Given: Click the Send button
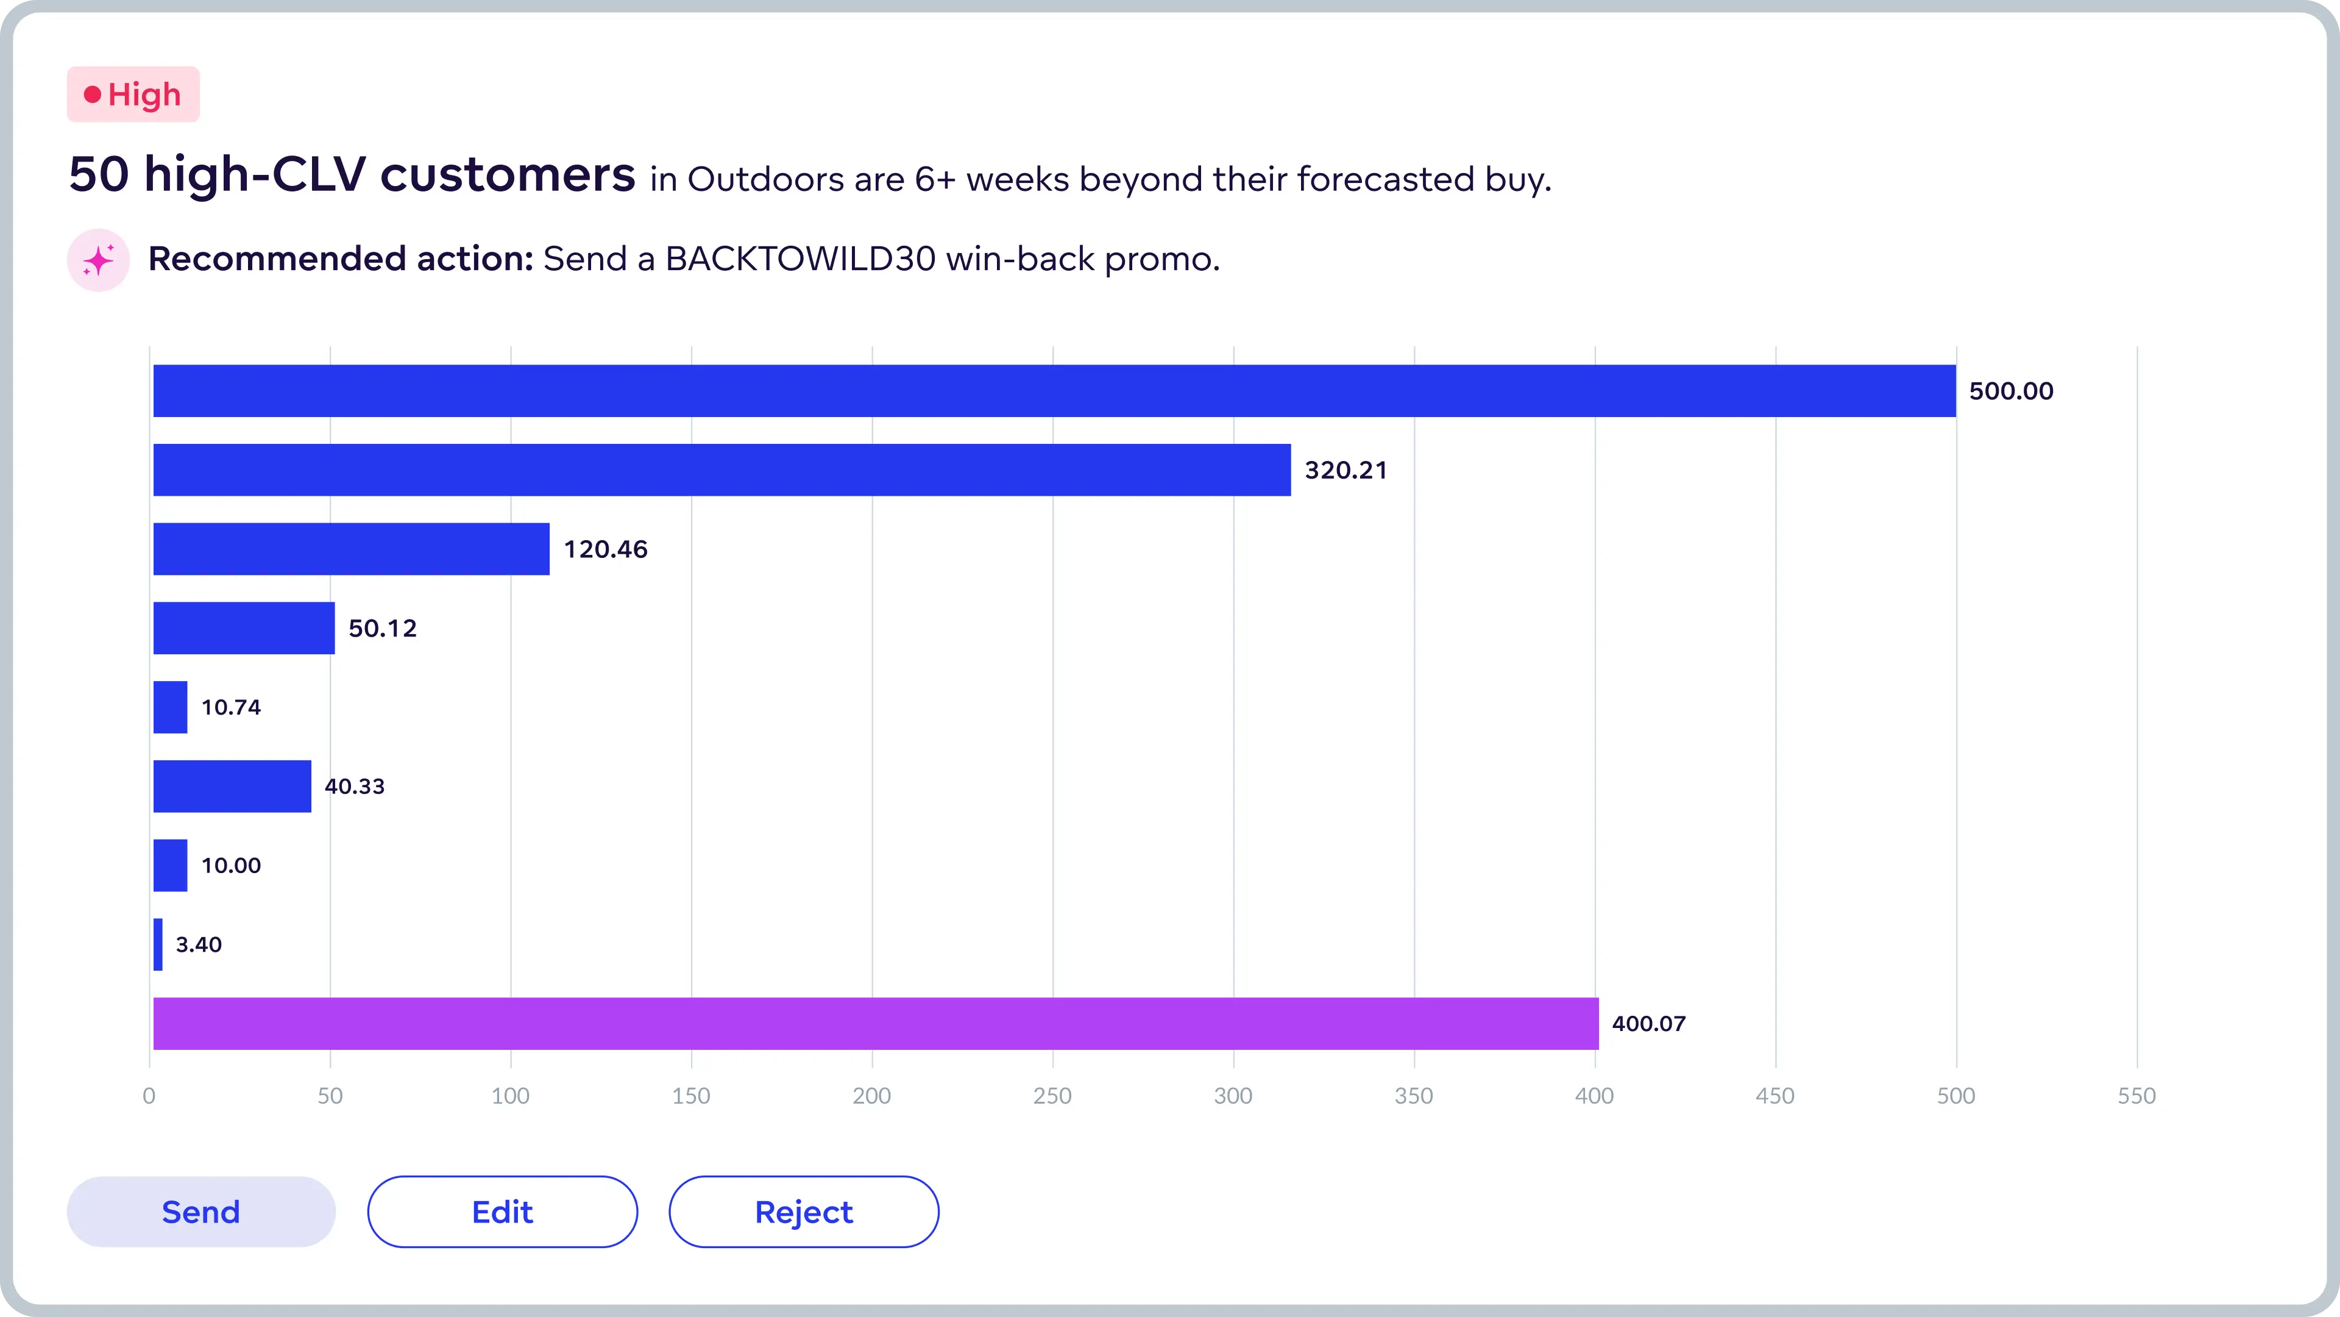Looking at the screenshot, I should pyautogui.click(x=200, y=1212).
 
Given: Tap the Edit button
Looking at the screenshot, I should pyautogui.click(x=502, y=1212).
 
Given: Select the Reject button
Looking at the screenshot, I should pyautogui.click(x=804, y=1212).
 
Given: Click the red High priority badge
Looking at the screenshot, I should pyautogui.click(x=133, y=95).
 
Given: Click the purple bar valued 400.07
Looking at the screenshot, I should pyautogui.click(x=876, y=1024).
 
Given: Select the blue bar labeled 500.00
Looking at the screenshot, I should pyautogui.click(x=1054, y=391).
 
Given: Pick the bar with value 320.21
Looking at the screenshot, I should pyautogui.click(x=722, y=470).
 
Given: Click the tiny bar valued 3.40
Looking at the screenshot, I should pyautogui.click(x=158, y=944).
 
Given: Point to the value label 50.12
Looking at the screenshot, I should pyautogui.click(x=383, y=628).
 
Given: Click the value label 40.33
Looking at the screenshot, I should pyautogui.click(x=354, y=786).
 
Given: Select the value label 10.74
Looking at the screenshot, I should pyautogui.click(x=231, y=707).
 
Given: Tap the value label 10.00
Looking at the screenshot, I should pyautogui.click(x=231, y=865).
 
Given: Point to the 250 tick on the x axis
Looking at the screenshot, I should pyautogui.click(x=1052, y=1095).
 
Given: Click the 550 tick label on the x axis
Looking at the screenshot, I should pyautogui.click(x=2136, y=1095).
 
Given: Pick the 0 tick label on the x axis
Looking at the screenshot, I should pyautogui.click(x=149, y=1095).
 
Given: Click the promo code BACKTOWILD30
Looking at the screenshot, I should pyautogui.click(x=800, y=259).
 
